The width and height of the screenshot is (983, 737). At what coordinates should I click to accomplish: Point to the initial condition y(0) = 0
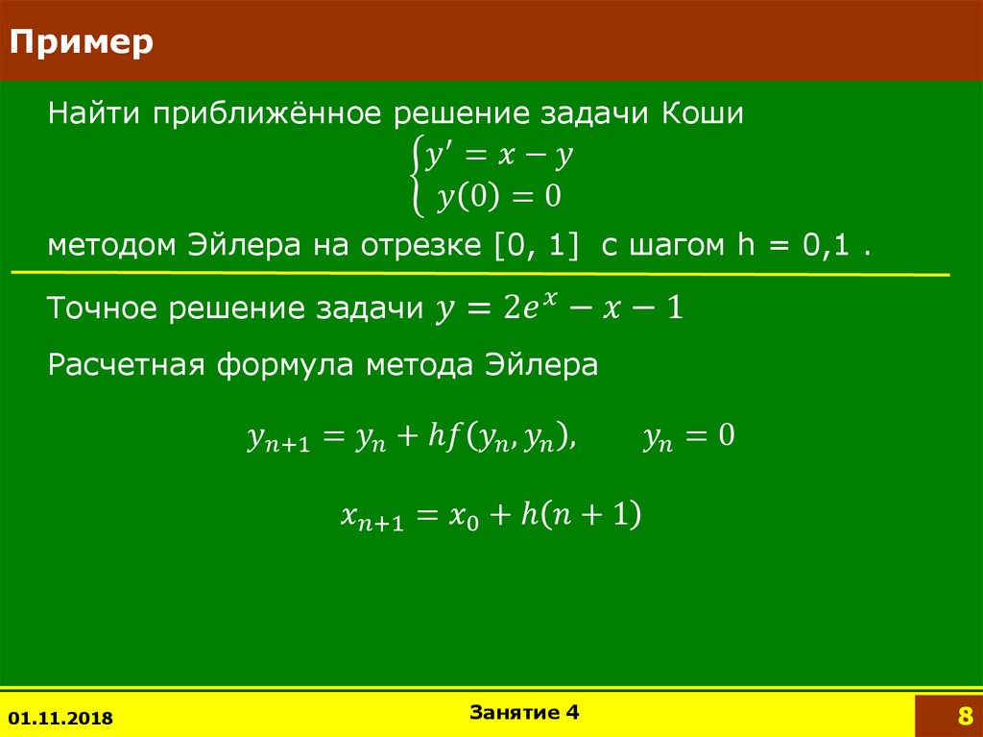pyautogui.click(x=498, y=197)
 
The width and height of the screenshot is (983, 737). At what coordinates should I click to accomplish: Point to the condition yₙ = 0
pyautogui.click(x=688, y=438)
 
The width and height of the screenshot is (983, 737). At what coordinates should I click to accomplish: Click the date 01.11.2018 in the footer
pyautogui.click(x=60, y=718)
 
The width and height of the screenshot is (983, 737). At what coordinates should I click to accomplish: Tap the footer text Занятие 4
pyautogui.click(x=525, y=712)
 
